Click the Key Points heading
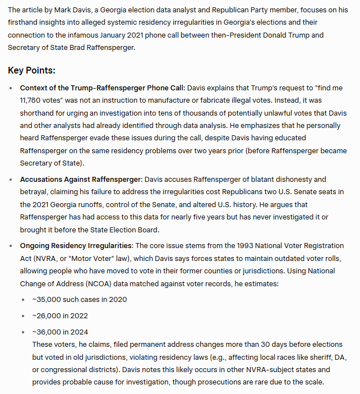point(31,71)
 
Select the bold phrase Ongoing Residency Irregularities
point(76,246)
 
